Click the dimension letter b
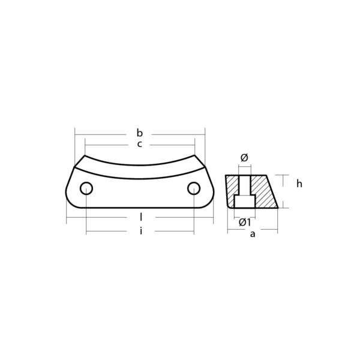click(x=140, y=133)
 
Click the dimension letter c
click(x=140, y=145)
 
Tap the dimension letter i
click(x=140, y=231)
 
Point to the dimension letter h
click(x=299, y=184)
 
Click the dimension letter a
click(x=253, y=234)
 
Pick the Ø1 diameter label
click(x=245, y=222)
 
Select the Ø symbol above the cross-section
click(x=244, y=158)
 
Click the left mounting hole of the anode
click(x=86, y=188)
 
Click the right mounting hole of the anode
click(x=193, y=188)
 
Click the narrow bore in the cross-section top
click(x=244, y=183)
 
